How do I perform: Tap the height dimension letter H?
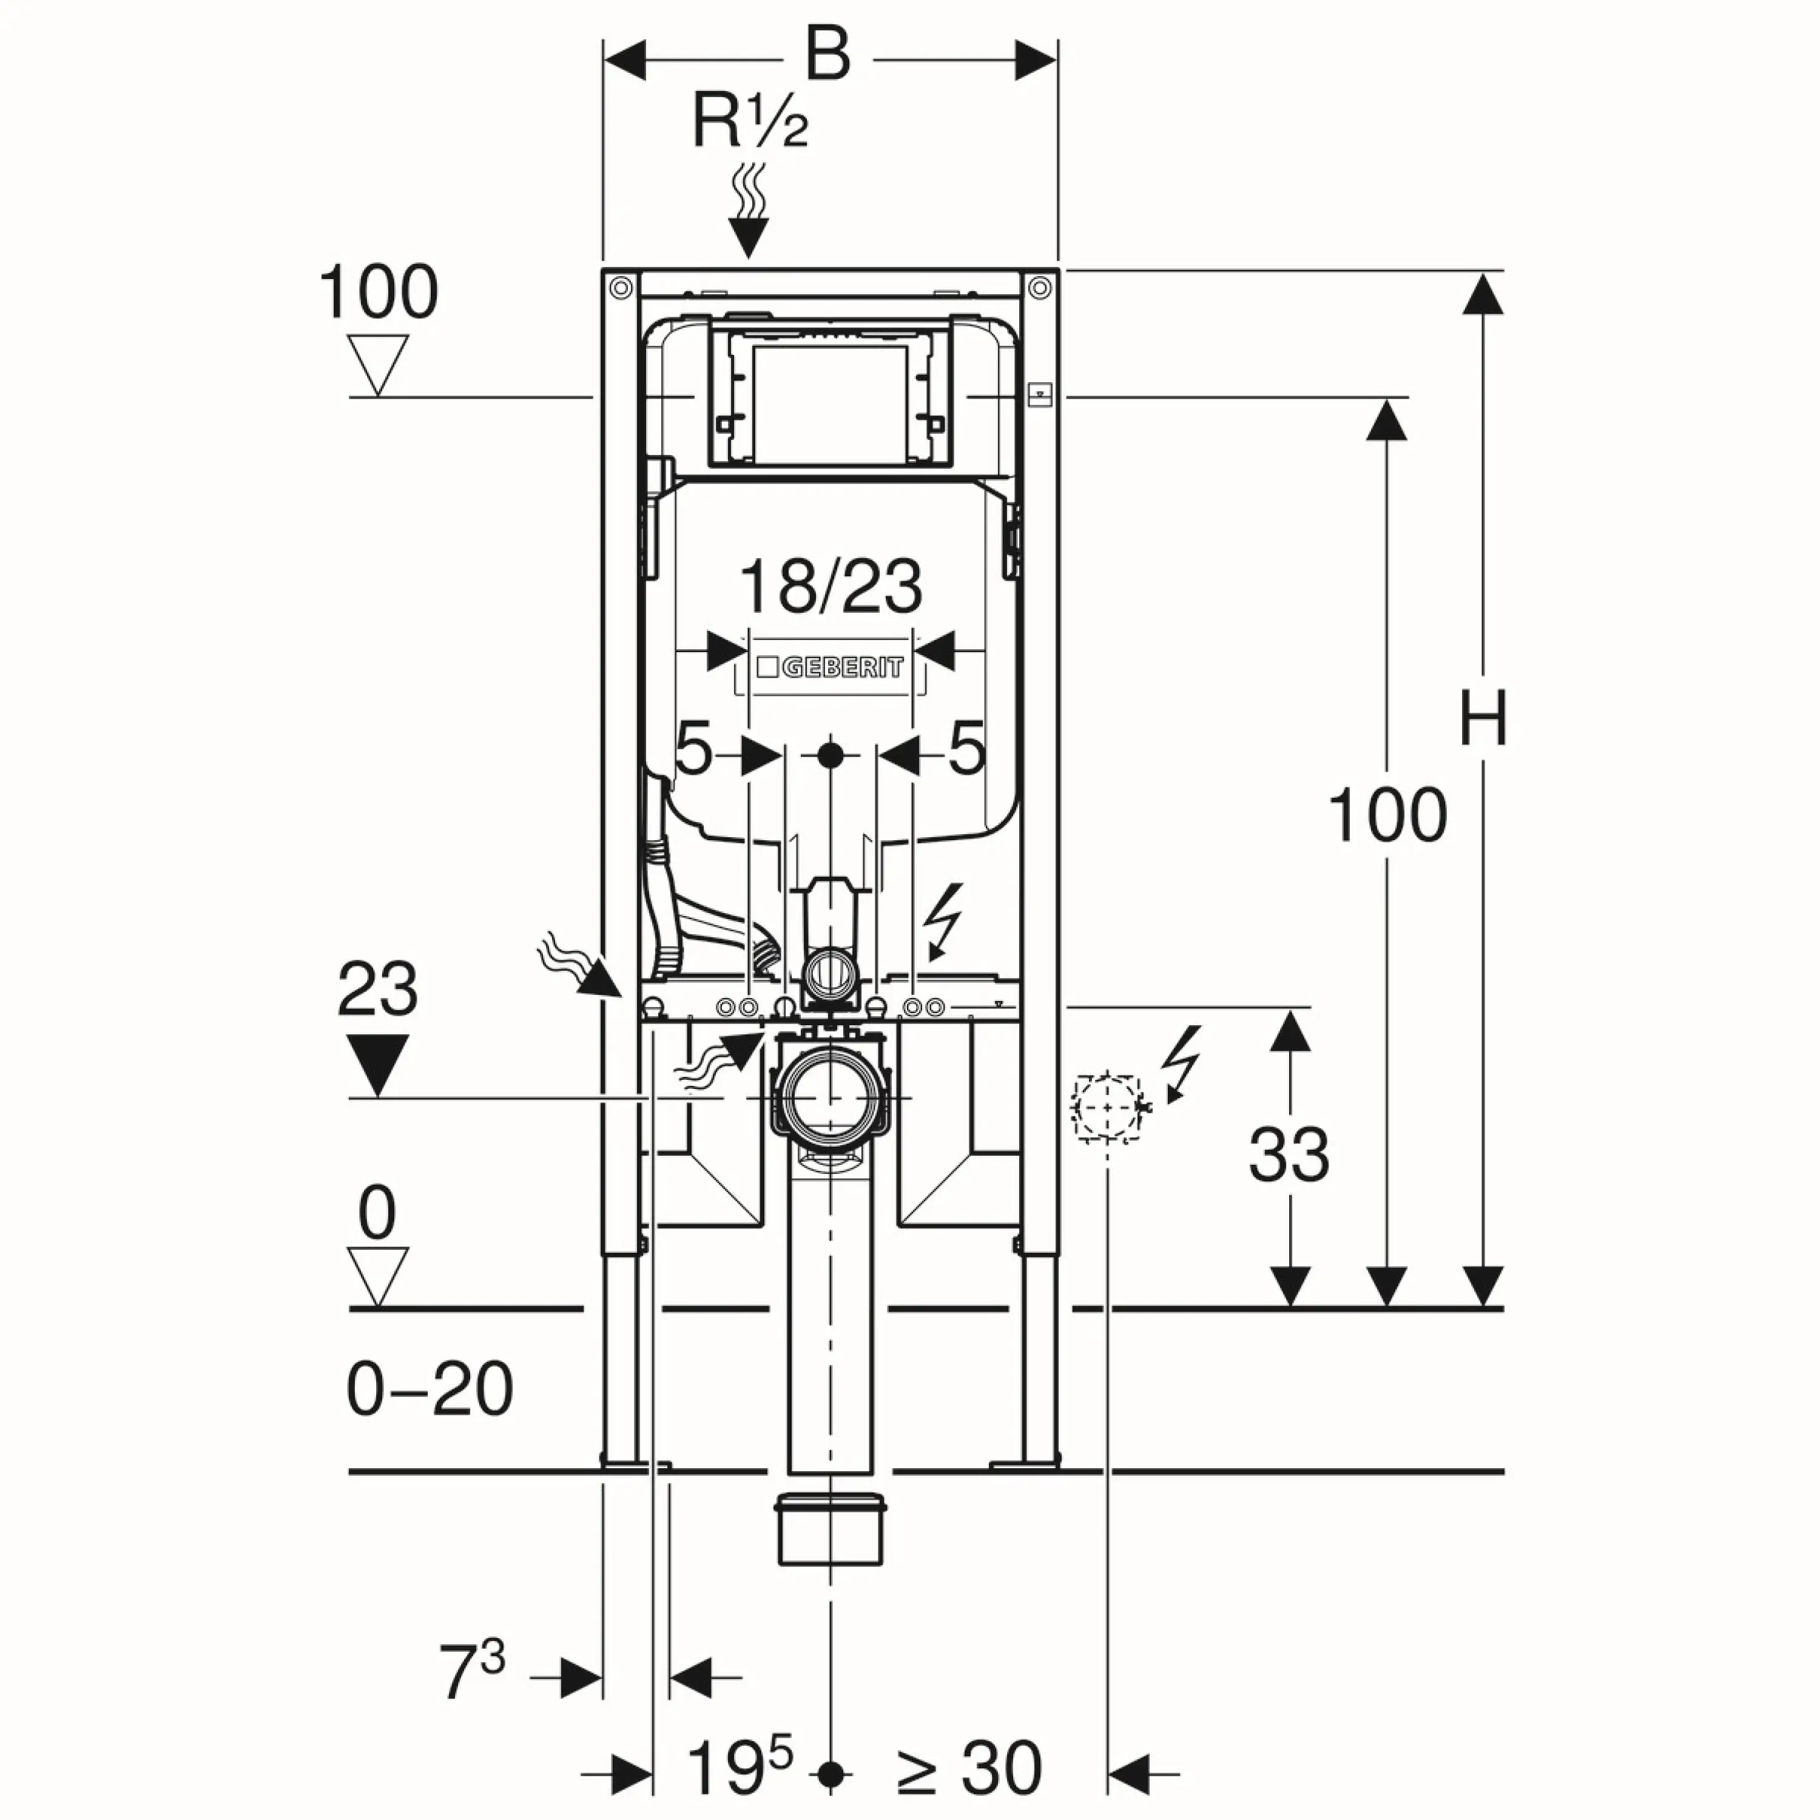(1483, 718)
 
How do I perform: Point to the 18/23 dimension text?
(831, 586)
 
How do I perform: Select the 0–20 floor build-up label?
(430, 1389)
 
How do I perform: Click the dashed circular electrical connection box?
(1107, 1107)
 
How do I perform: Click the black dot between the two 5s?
(830, 755)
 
